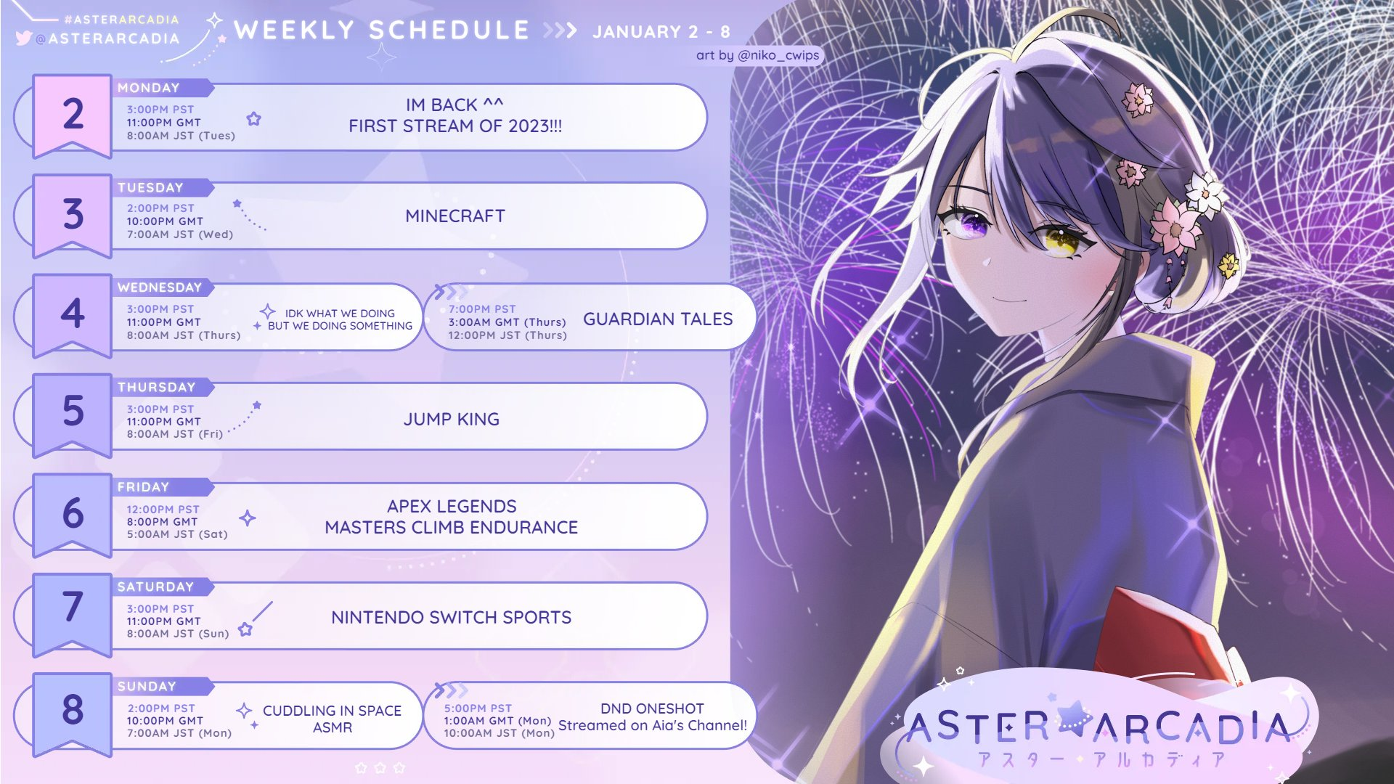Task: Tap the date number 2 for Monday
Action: point(73,114)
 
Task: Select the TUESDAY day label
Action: point(150,187)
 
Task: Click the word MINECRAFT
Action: point(455,216)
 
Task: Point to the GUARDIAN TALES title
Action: point(658,319)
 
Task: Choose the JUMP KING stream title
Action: point(452,420)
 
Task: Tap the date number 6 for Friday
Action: point(73,513)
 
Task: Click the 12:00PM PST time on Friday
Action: point(163,510)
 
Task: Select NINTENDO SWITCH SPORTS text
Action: point(452,618)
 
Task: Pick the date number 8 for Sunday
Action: point(73,709)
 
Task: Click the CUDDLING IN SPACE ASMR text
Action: point(332,719)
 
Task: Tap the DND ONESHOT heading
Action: point(652,709)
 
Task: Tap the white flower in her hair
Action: point(1205,191)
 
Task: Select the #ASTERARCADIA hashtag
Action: point(121,20)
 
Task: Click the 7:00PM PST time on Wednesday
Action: point(482,309)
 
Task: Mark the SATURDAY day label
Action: point(155,587)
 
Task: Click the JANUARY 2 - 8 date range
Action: point(661,32)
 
